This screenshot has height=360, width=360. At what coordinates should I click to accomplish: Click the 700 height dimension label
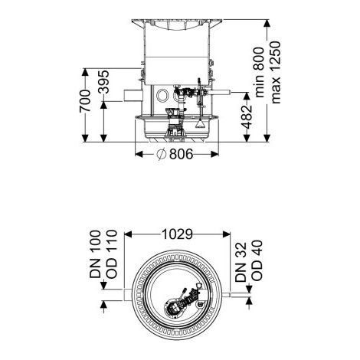pos(85,100)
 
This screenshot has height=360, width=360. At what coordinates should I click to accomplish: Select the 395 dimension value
pos(104,82)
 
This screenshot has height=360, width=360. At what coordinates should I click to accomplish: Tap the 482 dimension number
pos(247,117)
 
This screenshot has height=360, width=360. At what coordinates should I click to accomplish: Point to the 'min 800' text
pos(260,72)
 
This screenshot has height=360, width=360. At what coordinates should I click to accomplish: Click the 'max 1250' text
pos(276,72)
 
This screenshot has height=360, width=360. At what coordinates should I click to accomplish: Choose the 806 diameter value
pos(182,154)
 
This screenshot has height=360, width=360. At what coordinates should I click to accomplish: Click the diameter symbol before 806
pos(162,154)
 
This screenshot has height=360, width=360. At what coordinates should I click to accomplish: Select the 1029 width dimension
pos(177,234)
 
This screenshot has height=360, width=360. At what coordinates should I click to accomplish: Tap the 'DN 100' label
pos(95,254)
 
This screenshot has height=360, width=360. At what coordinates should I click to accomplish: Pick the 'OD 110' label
pos(112,254)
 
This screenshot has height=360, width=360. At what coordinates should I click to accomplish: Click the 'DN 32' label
pos(241,262)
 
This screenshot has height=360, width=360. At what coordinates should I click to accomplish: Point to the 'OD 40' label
pos(257,260)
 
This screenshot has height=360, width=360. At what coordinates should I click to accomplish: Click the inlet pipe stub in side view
pos(133,95)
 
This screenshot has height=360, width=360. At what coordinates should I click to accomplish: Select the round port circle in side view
pos(162,96)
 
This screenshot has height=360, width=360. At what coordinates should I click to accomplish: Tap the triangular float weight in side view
pos(200,124)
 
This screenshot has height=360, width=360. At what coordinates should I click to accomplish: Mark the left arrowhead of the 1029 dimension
pos(128,234)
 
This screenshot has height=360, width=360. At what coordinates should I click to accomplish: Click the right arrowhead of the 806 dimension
pos(215,154)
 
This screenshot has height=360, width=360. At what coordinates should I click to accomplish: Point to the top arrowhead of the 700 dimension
pos(85,72)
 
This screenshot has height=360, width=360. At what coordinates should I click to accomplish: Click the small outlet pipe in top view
pos(228,295)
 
